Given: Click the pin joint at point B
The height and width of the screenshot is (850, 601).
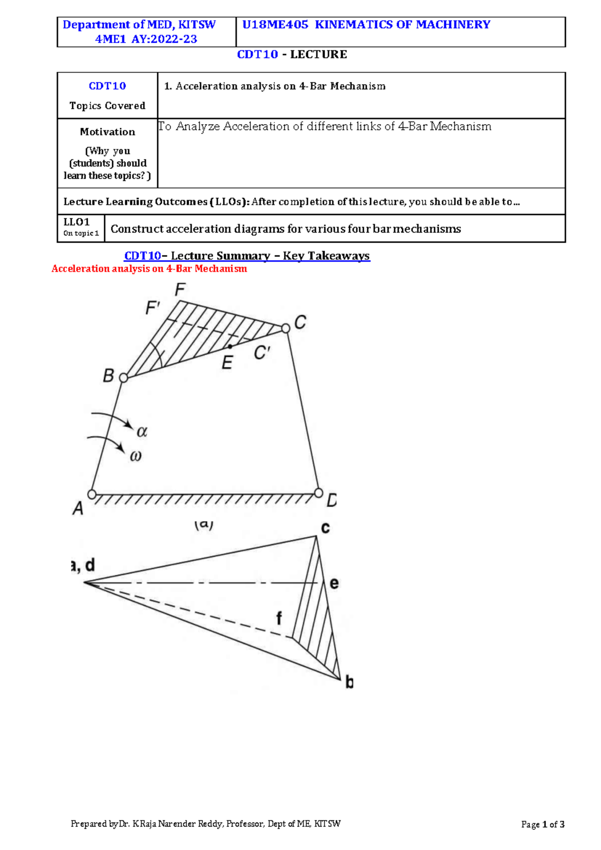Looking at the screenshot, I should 123,378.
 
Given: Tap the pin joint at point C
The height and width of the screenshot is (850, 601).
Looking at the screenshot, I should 285,328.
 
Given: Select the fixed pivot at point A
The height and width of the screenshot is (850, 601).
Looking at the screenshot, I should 92,494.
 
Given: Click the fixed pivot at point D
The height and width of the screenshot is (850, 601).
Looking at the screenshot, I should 319,493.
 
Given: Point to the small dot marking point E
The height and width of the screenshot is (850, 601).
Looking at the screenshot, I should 230,346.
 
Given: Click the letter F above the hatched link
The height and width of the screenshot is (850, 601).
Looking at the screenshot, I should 180,290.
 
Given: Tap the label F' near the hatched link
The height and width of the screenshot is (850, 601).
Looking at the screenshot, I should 152,308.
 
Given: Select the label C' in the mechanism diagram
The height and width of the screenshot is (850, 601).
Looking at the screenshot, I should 262,353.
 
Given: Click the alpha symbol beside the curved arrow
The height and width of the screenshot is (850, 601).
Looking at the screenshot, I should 142,432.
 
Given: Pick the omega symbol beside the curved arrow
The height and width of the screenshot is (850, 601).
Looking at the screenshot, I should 136,456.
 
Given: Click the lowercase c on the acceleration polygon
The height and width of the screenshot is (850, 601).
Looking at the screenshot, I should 326,528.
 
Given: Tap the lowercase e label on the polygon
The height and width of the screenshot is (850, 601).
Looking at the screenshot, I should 334,583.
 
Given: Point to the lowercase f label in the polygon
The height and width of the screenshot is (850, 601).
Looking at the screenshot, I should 279,618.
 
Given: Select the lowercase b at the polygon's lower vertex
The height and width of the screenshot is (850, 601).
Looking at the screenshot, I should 349,682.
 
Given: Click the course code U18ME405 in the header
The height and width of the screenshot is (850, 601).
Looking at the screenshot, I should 275,25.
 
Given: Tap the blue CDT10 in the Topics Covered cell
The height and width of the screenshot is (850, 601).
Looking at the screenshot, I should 107,86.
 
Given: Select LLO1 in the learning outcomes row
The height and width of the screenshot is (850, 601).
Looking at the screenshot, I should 77,222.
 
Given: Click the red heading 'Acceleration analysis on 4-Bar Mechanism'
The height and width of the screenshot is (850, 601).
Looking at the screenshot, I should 149,269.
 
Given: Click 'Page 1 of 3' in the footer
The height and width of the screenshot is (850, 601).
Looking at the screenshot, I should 543,824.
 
